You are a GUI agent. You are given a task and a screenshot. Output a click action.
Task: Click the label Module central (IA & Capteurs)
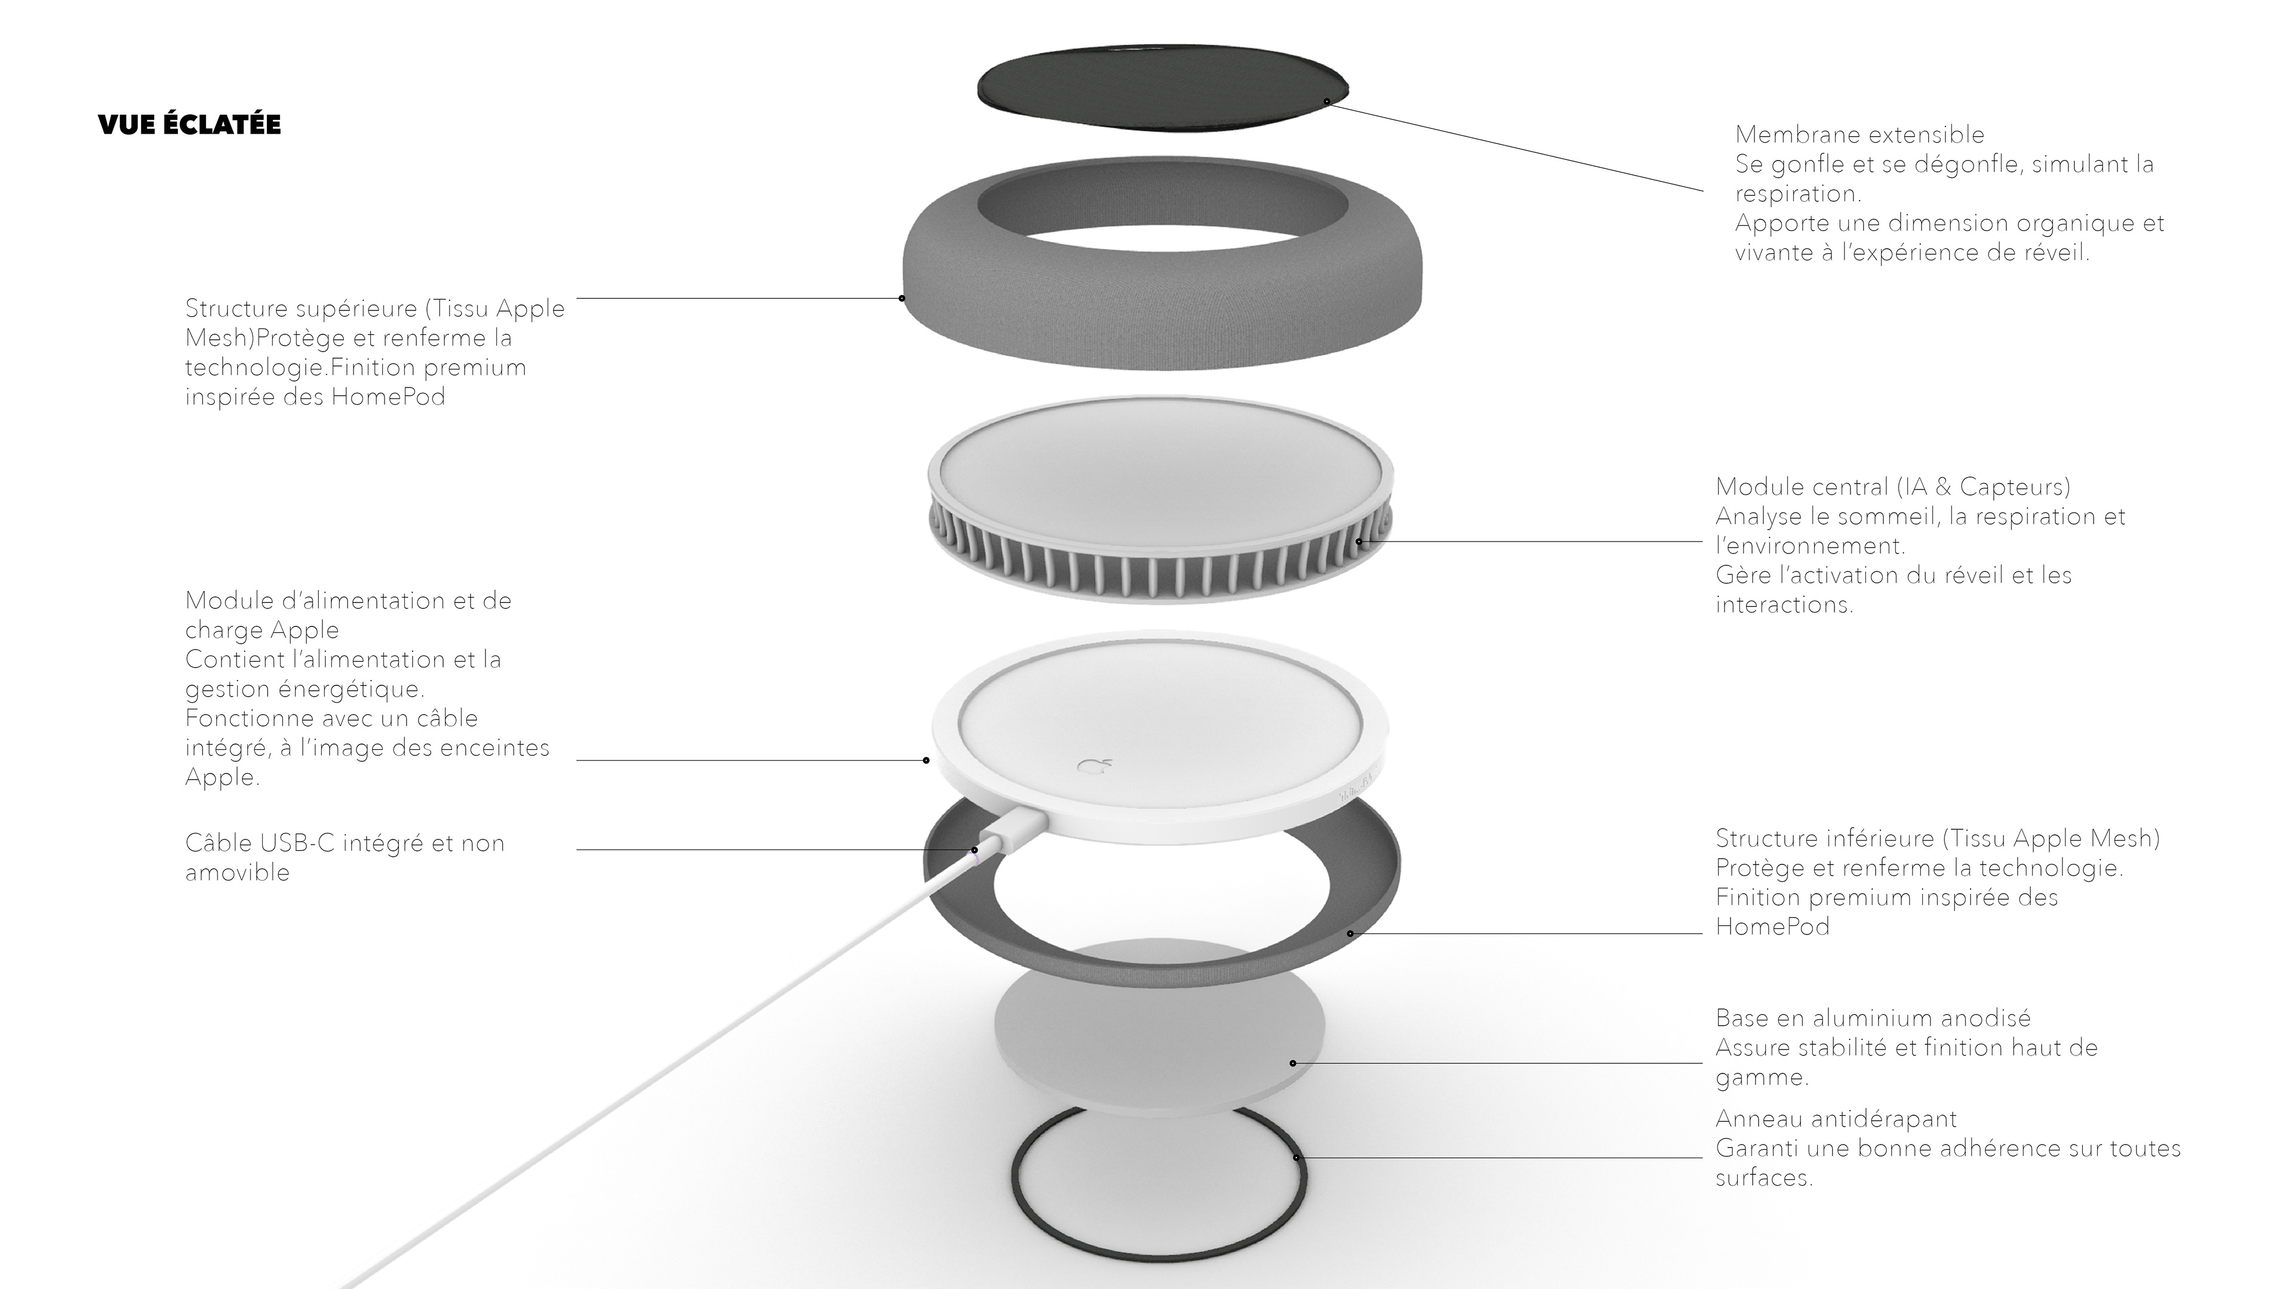click(1892, 487)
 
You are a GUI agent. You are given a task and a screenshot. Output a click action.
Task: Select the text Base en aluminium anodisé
click(1873, 1017)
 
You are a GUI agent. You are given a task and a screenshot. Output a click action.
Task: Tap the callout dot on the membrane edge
click(1326, 101)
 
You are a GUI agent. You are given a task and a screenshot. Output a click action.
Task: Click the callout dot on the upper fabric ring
click(902, 298)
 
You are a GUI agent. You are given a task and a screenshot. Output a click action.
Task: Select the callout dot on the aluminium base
click(1292, 1063)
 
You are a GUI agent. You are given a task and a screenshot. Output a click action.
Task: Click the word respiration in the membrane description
click(1797, 194)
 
